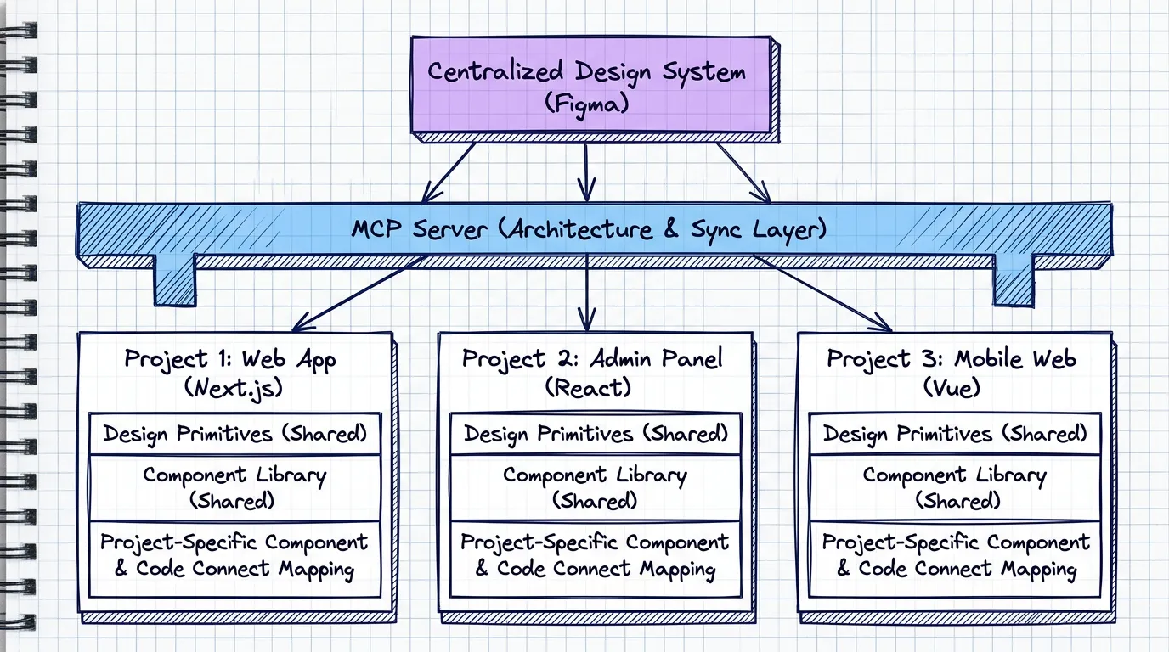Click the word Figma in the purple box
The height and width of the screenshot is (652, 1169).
click(585, 106)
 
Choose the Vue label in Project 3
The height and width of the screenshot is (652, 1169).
click(952, 388)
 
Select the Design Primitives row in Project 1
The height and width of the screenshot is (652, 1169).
click(235, 434)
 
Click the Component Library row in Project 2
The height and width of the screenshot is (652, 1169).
click(595, 487)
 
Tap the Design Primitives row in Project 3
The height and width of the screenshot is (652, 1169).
click(955, 434)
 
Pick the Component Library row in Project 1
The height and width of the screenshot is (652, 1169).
click(235, 487)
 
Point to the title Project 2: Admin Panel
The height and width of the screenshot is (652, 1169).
click(592, 358)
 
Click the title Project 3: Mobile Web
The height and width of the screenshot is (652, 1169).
click(952, 358)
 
